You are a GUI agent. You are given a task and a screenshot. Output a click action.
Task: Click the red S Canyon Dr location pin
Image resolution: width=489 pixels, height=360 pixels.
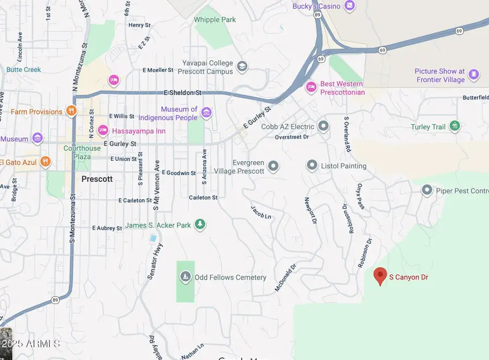[380, 275]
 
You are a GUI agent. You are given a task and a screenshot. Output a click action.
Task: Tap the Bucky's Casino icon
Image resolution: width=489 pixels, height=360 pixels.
[350, 7]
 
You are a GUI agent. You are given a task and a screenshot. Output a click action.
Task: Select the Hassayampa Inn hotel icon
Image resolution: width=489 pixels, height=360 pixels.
[103, 130]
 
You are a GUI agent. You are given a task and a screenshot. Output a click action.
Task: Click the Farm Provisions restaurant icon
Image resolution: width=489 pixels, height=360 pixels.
[71, 111]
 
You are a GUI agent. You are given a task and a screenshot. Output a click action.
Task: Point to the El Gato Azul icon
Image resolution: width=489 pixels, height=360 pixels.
[46, 161]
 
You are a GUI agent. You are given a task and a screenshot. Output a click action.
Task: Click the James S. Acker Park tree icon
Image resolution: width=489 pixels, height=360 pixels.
[200, 224]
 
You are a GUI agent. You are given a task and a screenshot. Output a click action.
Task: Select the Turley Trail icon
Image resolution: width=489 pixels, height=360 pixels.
[455, 127]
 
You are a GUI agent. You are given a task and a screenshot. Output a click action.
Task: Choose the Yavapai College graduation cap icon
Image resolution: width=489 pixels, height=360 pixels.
[242, 67]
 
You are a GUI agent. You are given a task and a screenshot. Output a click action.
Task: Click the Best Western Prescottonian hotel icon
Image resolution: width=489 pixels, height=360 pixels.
[311, 87]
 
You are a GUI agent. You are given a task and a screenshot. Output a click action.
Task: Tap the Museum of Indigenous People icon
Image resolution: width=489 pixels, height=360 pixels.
[206, 113]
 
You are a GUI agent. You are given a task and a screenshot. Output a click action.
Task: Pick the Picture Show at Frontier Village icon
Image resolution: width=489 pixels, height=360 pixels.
[474, 74]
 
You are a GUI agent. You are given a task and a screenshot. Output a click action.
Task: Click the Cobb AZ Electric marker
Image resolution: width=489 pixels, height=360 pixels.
[324, 127]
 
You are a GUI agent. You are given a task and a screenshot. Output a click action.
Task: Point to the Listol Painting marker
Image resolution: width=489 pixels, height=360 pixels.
[312, 165]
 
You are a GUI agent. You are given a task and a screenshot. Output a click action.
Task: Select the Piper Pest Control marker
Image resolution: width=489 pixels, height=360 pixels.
[427, 190]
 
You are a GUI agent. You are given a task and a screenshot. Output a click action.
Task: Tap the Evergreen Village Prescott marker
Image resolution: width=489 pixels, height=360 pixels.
[273, 166]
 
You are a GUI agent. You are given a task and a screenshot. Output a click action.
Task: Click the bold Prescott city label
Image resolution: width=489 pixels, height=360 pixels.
[97, 179]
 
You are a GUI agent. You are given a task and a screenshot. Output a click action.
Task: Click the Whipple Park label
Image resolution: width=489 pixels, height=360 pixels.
[215, 20]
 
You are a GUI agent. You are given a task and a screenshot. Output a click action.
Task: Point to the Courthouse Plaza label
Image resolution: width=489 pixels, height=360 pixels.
[82, 152]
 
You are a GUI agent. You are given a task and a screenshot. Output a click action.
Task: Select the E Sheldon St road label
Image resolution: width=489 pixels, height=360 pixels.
[183, 93]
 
